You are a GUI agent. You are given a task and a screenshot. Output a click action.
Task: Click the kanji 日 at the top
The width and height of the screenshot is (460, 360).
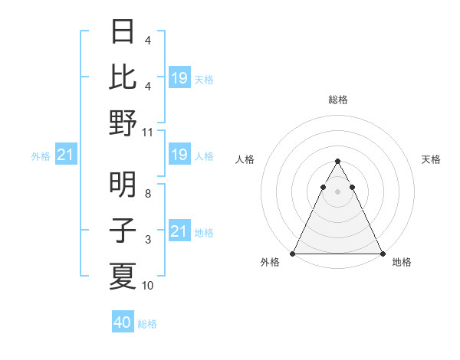coord(123,32)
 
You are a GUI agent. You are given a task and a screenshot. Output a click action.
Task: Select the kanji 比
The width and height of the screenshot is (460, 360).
coord(123,77)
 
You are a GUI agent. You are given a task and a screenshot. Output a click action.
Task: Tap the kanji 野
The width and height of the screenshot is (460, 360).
coord(123,123)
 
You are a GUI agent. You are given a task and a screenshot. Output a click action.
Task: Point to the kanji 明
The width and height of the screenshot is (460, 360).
coord(123,185)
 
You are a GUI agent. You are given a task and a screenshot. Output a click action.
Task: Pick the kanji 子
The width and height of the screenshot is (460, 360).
coord(123,230)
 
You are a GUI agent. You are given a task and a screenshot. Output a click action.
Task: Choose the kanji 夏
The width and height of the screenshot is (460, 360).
coord(123,275)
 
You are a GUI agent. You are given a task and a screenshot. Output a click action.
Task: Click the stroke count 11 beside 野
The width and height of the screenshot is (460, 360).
coord(148,133)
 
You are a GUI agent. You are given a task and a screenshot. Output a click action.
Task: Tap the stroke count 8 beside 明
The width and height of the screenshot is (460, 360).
coord(148,195)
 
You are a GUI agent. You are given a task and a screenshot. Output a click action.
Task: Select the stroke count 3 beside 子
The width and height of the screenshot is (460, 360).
coord(148,240)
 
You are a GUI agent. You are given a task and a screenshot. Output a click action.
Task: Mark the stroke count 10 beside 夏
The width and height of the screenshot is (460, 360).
coord(148,286)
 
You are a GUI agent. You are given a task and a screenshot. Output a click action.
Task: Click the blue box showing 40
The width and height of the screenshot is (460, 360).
coord(123,322)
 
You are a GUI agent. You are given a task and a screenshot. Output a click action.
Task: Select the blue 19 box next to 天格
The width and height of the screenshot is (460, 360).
coord(179,77)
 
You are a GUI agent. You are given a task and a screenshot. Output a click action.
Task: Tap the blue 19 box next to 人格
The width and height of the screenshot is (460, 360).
coord(179,155)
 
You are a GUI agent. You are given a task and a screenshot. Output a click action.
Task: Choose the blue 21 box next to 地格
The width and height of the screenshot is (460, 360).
coord(179,231)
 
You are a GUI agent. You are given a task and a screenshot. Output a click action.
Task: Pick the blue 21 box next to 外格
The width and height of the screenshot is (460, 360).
coord(65,155)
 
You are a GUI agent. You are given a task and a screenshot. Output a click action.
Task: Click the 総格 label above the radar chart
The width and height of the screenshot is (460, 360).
coord(337,100)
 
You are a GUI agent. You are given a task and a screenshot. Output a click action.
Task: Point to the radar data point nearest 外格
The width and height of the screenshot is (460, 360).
coord(293,254)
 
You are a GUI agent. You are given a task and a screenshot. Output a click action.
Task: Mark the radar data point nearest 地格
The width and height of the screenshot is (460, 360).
coord(382,254)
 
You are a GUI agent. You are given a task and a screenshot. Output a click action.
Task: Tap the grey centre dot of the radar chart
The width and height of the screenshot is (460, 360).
coord(337,191)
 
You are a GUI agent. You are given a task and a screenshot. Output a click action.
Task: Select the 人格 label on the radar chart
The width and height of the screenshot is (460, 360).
coord(245,159)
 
